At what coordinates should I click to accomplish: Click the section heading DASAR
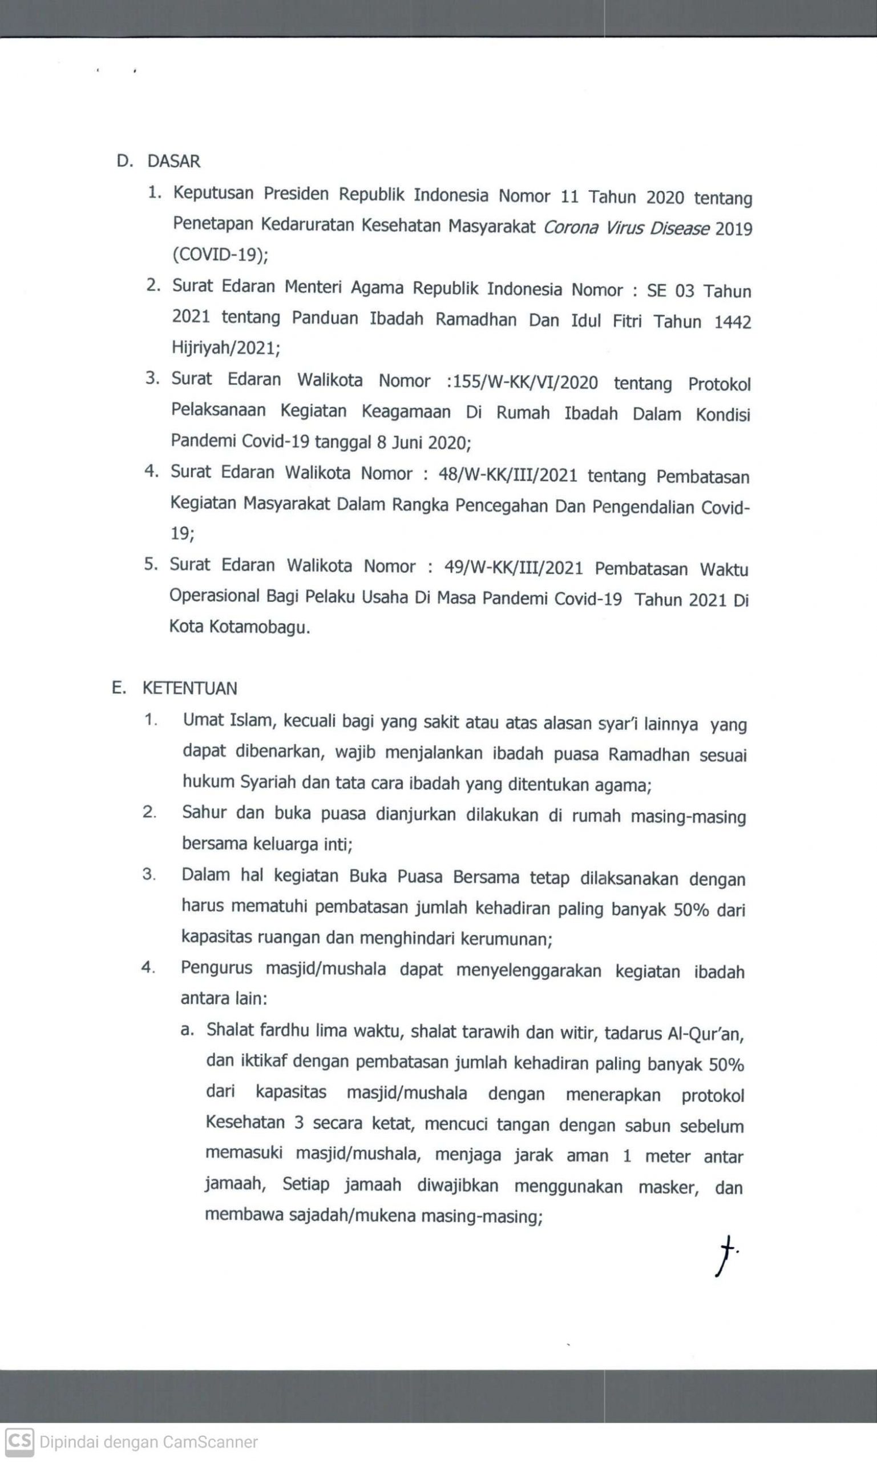(173, 161)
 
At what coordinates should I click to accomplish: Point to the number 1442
(732, 322)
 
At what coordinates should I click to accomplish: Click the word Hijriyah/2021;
(226, 348)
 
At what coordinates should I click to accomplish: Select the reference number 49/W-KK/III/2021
(513, 567)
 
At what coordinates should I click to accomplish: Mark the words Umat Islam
(228, 720)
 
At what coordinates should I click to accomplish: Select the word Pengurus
(216, 968)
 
